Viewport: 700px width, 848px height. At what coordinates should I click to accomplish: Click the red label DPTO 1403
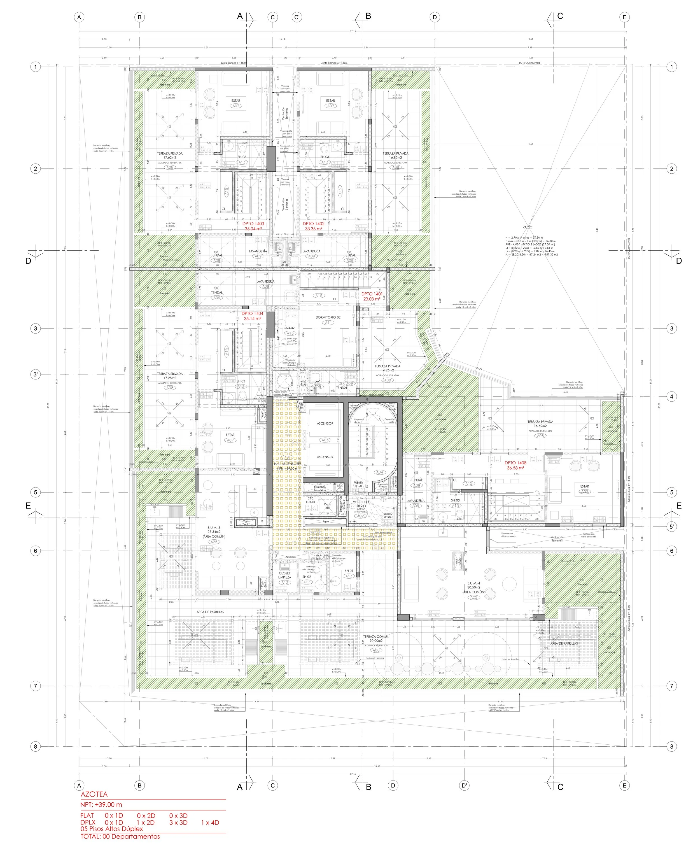pyautogui.click(x=253, y=223)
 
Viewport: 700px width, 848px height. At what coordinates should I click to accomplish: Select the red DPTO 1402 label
pyautogui.click(x=313, y=223)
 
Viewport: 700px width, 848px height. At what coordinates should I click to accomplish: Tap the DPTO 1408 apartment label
pyautogui.click(x=515, y=463)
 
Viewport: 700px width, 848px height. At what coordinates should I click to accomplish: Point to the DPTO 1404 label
pyautogui.click(x=252, y=313)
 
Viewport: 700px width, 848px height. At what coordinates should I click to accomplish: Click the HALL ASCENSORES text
pyautogui.click(x=288, y=464)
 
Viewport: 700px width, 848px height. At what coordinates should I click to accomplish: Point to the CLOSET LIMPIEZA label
pyautogui.click(x=285, y=575)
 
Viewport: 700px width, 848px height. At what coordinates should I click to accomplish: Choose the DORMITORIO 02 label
pyautogui.click(x=328, y=317)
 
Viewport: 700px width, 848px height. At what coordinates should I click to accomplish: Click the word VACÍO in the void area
pyautogui.click(x=527, y=227)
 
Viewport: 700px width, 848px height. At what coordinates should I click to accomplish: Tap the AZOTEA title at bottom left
pyautogui.click(x=94, y=795)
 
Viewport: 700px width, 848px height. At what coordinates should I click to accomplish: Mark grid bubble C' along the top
pyautogui.click(x=297, y=17)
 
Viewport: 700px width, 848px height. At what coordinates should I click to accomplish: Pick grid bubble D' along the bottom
pyautogui.click(x=464, y=786)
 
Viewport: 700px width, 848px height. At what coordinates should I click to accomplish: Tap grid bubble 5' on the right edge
pyautogui.click(x=671, y=526)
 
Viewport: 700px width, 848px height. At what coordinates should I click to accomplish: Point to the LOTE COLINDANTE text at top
pyautogui.click(x=529, y=63)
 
